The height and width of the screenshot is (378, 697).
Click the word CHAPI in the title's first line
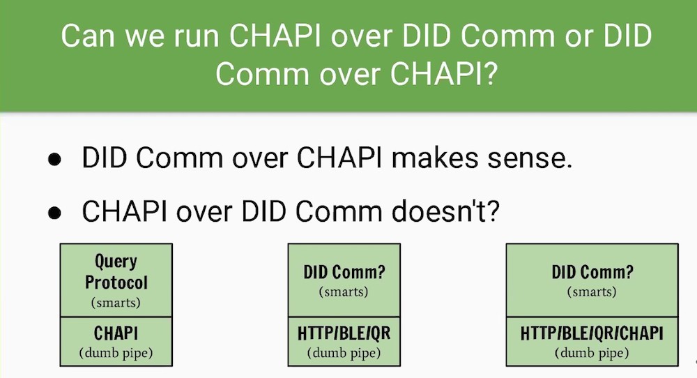click(x=275, y=35)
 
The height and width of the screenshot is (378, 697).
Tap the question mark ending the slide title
click(x=490, y=73)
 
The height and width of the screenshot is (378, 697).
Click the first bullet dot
click(x=54, y=160)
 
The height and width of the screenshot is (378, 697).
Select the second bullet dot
click(x=54, y=213)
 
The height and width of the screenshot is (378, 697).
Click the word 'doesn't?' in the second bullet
click(x=446, y=211)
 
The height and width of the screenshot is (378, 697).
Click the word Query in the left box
click(x=116, y=262)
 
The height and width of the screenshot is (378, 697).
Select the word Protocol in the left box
click(x=116, y=282)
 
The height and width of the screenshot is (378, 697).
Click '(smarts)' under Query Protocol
click(x=116, y=303)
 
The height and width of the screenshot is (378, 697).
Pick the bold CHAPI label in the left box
click(x=116, y=333)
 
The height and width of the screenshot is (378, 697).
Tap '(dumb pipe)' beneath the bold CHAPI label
click(x=116, y=353)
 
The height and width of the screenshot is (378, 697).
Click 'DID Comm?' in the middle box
click(x=344, y=272)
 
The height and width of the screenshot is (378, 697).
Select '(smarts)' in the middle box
click(x=344, y=292)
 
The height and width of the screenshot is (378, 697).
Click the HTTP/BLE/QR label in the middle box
click(x=344, y=333)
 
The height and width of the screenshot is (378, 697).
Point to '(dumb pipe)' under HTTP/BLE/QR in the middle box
click(x=344, y=353)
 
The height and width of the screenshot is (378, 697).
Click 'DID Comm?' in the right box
click(x=592, y=272)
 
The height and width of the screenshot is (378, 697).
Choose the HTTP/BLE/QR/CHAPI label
click(x=592, y=333)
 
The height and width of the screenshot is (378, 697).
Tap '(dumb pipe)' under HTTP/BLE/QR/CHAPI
click(x=592, y=353)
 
